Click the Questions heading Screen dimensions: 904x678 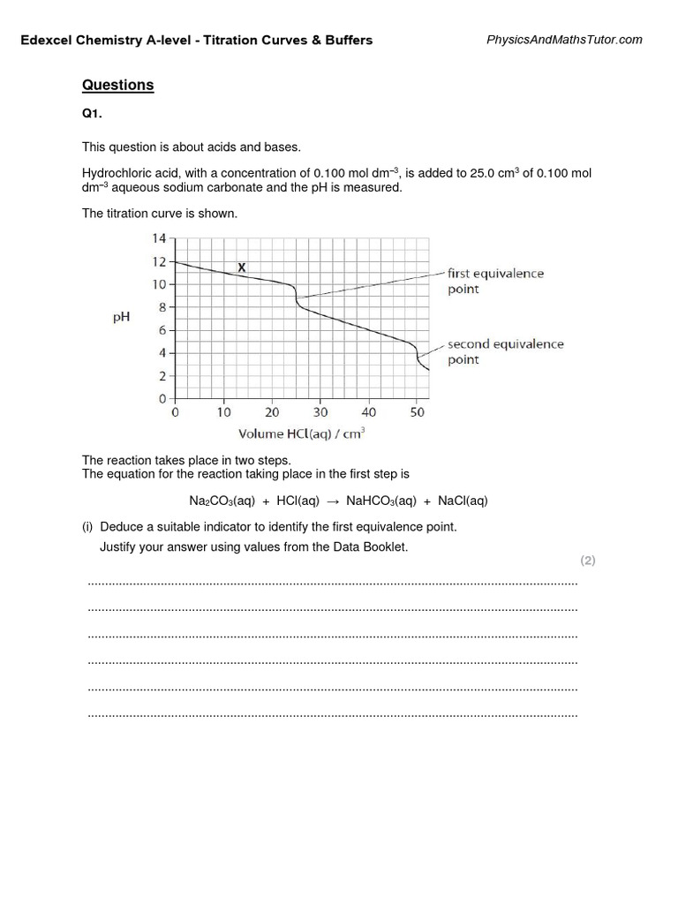pyautogui.click(x=117, y=86)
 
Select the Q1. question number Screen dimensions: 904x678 pyautogui.click(x=93, y=116)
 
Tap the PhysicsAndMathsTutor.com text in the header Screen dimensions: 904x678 pyautogui.click(x=565, y=40)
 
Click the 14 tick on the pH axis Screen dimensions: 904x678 pyautogui.click(x=159, y=238)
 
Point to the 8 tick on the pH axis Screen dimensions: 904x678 pyautogui.click(x=162, y=307)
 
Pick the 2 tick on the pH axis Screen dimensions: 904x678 pyautogui.click(x=162, y=376)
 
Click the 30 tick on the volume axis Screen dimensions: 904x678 pyautogui.click(x=320, y=412)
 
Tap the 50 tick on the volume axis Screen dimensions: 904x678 pyautogui.click(x=418, y=412)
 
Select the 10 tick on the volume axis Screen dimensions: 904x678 pyautogui.click(x=223, y=412)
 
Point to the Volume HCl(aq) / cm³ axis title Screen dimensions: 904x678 pyautogui.click(x=302, y=433)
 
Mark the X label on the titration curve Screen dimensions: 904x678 pyautogui.click(x=242, y=267)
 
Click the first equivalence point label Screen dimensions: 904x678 pyautogui.click(x=495, y=281)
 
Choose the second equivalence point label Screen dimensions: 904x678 pyautogui.click(x=505, y=351)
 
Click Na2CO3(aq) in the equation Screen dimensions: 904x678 pyautogui.click(x=222, y=501)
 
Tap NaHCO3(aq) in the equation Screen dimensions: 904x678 pyautogui.click(x=381, y=501)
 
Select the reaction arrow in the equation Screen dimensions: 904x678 pyautogui.click(x=333, y=501)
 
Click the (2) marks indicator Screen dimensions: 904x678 pyautogui.click(x=587, y=561)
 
